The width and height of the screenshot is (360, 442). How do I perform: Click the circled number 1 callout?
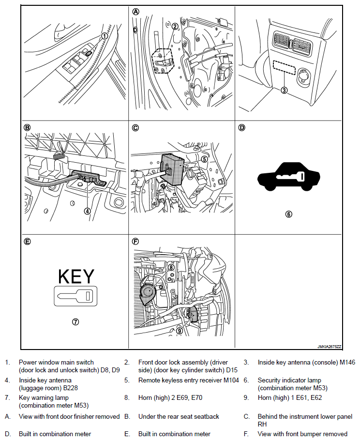click(105, 36)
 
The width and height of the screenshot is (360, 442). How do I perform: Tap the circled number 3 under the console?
click(285, 90)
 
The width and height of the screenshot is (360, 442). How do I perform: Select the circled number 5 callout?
click(204, 158)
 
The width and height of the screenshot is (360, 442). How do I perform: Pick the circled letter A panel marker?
click(135, 12)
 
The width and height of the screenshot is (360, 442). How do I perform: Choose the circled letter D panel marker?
click(242, 128)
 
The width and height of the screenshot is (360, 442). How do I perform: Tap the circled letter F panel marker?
click(135, 241)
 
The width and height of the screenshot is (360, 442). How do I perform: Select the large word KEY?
click(76, 276)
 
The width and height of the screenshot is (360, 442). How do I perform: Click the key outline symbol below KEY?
click(76, 295)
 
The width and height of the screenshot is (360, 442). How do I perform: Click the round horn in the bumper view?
click(147, 293)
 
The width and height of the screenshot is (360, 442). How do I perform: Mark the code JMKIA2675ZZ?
click(330, 347)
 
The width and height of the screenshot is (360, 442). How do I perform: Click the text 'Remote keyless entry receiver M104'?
click(189, 380)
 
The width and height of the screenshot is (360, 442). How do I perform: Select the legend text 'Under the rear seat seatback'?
click(179, 416)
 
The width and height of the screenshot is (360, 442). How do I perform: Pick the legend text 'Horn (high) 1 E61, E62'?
click(290, 398)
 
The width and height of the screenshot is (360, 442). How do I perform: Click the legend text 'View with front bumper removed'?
click(302, 434)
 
